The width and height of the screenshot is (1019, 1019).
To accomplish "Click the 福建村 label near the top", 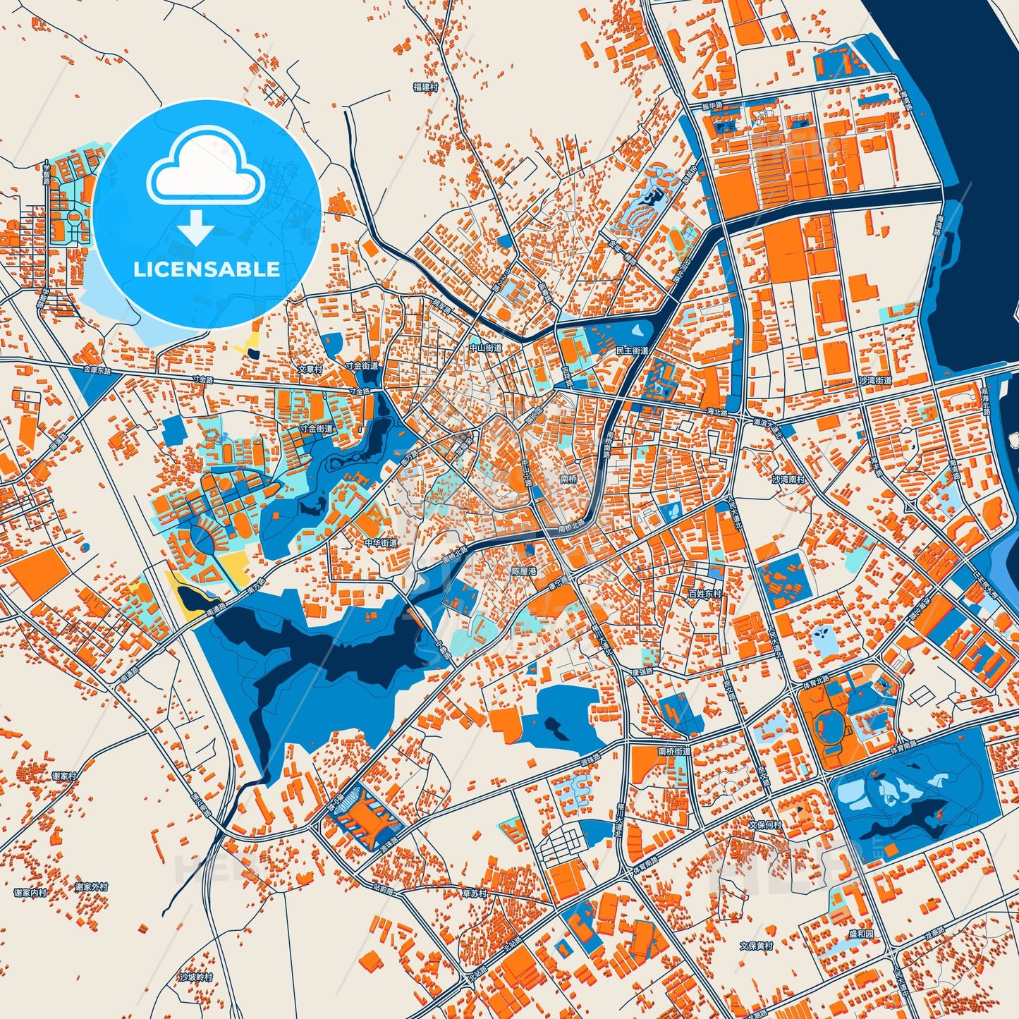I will pos(425,87).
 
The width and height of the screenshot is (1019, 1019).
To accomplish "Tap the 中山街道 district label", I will pos(486,348).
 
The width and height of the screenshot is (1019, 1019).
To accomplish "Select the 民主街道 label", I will pos(632,350).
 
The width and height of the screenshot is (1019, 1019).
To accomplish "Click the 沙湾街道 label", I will pos(875,381).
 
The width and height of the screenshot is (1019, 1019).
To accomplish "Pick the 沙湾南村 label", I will pos(788,479).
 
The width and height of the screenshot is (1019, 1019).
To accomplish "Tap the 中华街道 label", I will pos(381,543).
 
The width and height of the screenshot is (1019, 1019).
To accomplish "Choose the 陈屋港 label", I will pos(523,571).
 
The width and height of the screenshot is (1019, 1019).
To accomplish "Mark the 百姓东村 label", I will pos(705,594).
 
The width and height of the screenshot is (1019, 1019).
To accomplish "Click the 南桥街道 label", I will pos(674,752).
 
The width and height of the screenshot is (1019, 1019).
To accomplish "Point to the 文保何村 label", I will pos(765,824).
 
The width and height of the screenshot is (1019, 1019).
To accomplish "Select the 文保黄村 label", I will pos(756,946).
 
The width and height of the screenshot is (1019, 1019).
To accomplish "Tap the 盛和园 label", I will pos(861,934).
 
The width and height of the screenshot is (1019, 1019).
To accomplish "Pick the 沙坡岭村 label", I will pos(195,977).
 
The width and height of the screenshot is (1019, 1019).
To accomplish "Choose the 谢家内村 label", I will pos(30,893).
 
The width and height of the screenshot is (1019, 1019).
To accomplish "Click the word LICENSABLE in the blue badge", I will pos(207,269).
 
